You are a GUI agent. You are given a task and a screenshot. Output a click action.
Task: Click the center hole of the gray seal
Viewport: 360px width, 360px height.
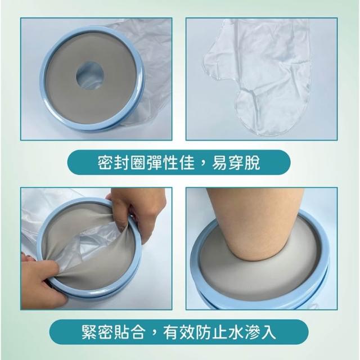tap(90, 75)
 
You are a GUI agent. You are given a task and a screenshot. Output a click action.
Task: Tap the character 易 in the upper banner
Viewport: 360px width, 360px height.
tap(220, 163)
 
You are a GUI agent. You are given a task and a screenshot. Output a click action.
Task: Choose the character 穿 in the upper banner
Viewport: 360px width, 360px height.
tap(236, 163)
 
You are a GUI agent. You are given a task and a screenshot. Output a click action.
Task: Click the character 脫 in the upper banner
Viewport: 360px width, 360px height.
tap(253, 163)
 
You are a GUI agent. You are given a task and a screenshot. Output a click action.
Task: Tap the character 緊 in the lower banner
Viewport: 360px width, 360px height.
tap(90, 332)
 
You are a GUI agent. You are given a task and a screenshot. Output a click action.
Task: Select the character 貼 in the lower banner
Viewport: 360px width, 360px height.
tap(123, 332)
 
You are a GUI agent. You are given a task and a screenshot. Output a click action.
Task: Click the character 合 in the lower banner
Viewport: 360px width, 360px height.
tap(139, 332)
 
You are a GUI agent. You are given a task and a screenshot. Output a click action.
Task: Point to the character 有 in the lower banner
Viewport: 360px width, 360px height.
tap(171, 332)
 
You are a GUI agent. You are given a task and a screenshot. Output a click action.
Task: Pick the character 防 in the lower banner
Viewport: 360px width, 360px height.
tap(204, 332)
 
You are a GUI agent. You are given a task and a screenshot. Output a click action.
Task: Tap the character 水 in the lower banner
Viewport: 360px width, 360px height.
tap(236, 332)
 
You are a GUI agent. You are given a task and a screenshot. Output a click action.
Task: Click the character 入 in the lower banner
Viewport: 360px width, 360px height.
tap(269, 332)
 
